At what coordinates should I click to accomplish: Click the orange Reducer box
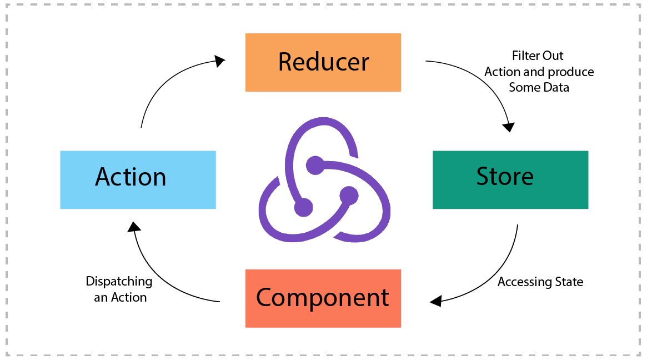point(323,62)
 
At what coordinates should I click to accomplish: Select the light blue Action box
point(138,179)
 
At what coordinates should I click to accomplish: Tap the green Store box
point(510,179)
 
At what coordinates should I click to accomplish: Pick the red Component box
point(323,298)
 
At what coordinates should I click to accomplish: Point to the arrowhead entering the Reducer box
point(220,61)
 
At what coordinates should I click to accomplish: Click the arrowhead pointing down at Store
point(508,127)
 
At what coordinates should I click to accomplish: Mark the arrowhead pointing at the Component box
point(435,301)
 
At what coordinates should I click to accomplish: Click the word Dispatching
point(119,281)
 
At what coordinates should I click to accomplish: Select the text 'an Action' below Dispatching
point(120,297)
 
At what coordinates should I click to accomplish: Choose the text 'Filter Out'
point(538,56)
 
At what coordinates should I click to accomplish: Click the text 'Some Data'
point(539,87)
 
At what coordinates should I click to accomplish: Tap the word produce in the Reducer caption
point(571,72)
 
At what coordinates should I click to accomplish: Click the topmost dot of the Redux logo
point(315,165)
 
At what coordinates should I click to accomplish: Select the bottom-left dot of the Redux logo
point(303,207)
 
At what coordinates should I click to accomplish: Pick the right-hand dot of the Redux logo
point(349,196)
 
